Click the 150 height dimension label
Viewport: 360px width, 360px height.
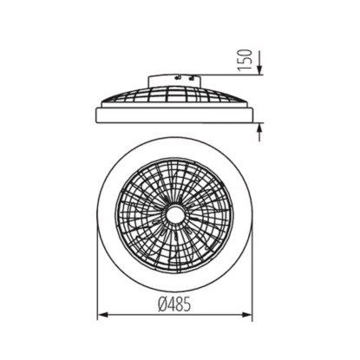point(245,60)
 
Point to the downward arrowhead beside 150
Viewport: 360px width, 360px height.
point(259,69)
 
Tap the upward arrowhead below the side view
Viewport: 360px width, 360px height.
point(259,128)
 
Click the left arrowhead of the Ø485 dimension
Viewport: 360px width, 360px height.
point(103,315)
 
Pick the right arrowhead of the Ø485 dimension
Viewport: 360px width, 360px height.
point(247,315)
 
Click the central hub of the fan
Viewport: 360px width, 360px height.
point(175,215)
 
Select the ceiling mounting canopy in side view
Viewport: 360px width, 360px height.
point(174,81)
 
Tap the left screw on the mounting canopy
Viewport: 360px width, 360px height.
point(179,76)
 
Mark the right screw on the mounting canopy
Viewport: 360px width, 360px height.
point(191,77)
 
